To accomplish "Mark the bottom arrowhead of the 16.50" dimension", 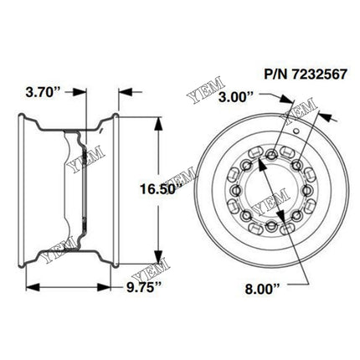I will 158,262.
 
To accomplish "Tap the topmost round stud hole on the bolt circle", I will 270,152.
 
